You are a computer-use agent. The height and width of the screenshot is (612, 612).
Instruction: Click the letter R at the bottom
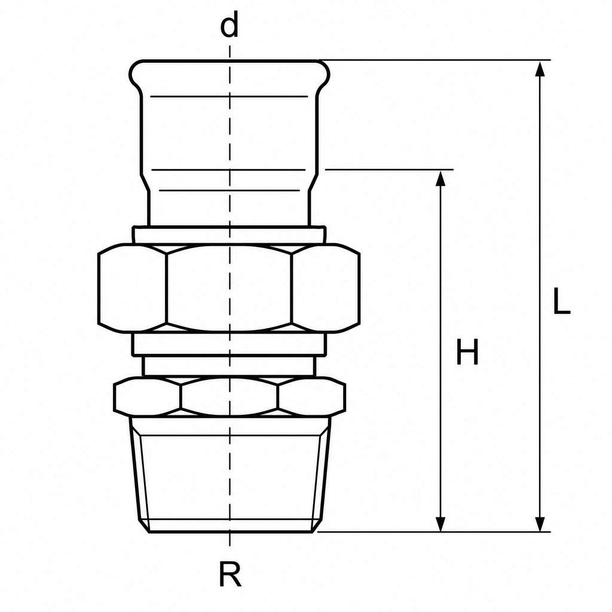pyautogui.click(x=230, y=574)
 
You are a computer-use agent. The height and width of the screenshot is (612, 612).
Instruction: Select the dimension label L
pyautogui.click(x=561, y=301)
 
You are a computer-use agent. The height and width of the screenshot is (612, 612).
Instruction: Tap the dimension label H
pyautogui.click(x=467, y=351)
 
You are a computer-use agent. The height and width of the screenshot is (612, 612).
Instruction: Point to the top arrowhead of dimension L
pyautogui.click(x=540, y=69)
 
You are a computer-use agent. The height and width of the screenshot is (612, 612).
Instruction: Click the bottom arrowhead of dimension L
pyautogui.click(x=540, y=524)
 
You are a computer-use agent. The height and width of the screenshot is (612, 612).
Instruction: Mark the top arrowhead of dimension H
pyautogui.click(x=440, y=178)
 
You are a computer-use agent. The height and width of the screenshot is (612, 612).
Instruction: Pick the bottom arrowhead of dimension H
pyautogui.click(x=440, y=524)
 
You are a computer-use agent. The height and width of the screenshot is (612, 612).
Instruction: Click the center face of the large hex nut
pyautogui.click(x=229, y=288)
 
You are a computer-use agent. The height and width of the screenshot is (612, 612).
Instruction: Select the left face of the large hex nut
pyautogui.click(x=132, y=288)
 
